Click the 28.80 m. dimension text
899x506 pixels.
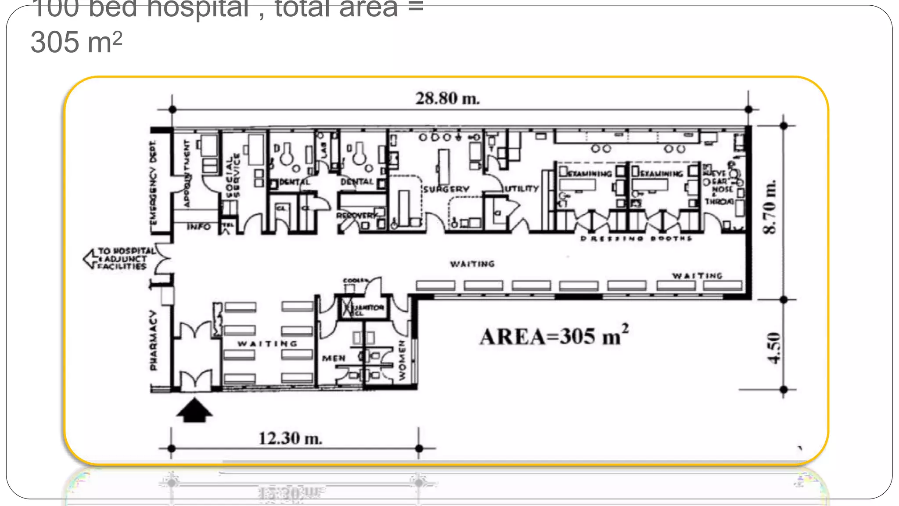point(447,98)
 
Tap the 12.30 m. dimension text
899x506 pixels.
point(290,438)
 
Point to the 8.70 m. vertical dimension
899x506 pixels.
point(770,207)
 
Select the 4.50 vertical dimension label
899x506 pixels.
point(774,348)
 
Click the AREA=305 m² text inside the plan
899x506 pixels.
point(554,336)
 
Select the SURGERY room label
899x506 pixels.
point(446,189)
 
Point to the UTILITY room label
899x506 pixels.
point(521,188)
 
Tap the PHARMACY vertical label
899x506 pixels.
point(153,341)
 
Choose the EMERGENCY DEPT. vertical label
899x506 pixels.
point(153,182)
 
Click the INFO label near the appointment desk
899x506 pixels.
point(198,227)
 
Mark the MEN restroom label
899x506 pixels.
point(334,358)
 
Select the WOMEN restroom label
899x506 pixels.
point(402,361)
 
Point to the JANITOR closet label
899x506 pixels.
point(369,307)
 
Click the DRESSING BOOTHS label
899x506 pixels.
point(636,239)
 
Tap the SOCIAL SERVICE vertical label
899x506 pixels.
point(232,175)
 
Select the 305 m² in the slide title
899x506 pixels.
point(76,43)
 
